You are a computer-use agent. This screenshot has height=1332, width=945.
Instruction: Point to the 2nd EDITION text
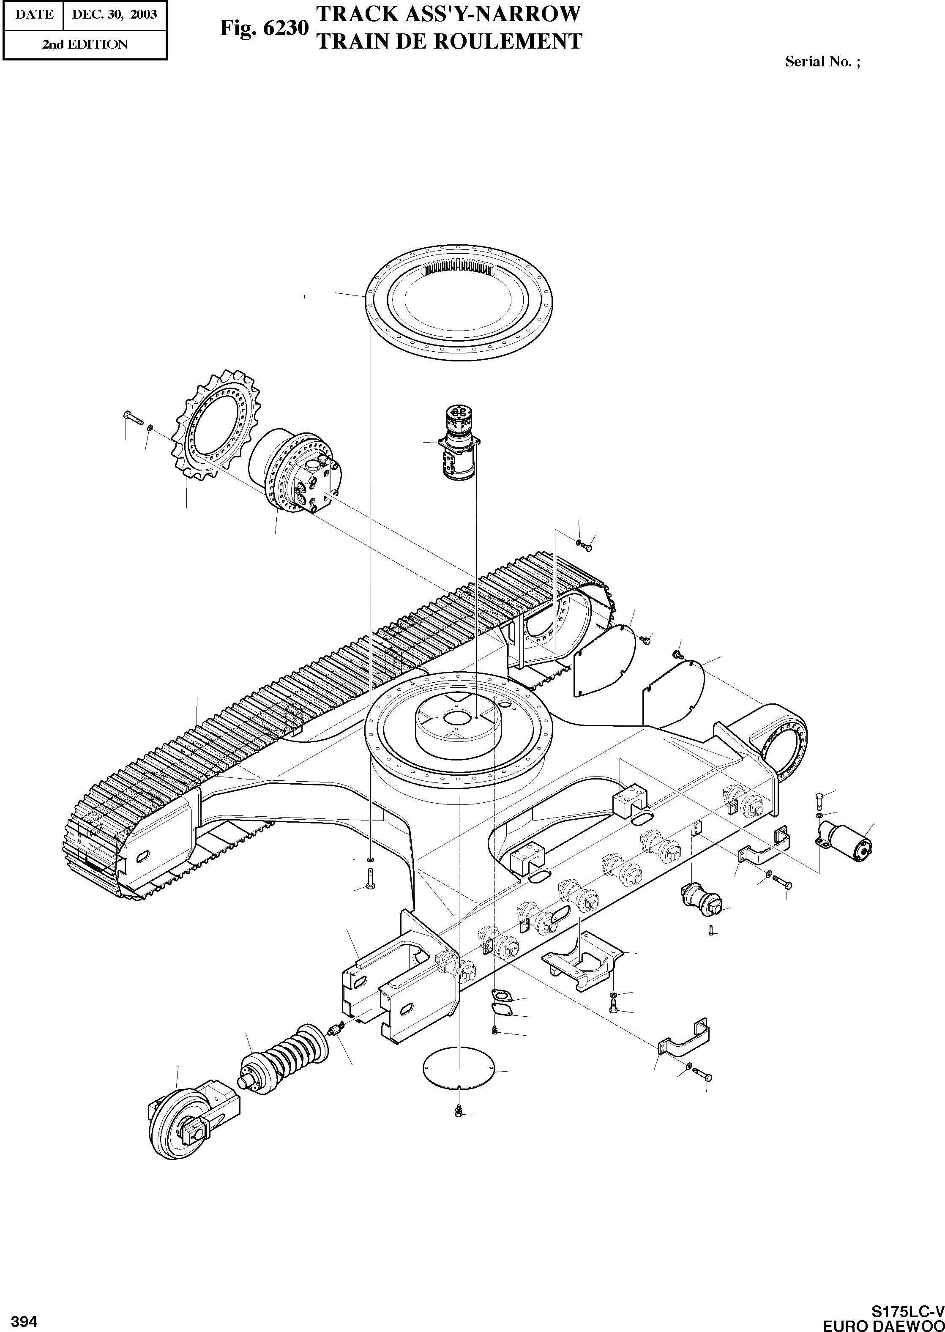[85, 44]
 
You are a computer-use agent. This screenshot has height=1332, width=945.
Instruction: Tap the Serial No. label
[822, 61]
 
